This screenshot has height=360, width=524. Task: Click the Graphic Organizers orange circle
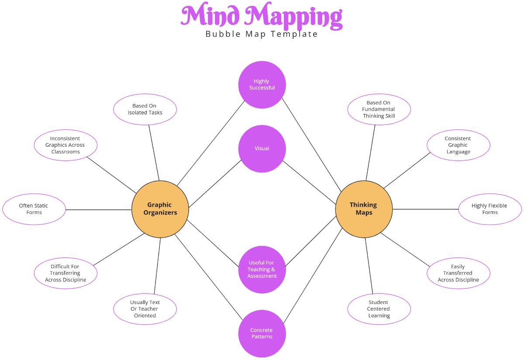pyautogui.click(x=160, y=209)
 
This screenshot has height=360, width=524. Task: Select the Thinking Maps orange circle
pyautogui.click(x=364, y=209)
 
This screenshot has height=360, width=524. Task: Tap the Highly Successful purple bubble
pyautogui.click(x=262, y=85)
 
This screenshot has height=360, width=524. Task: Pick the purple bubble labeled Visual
pyautogui.click(x=262, y=149)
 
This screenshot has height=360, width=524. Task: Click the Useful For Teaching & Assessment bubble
pyautogui.click(x=262, y=270)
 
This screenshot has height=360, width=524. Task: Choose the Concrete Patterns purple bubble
pyautogui.click(x=262, y=333)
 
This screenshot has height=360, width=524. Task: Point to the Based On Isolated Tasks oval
pyautogui.click(x=145, y=109)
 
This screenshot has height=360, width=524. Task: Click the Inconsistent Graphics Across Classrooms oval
pyautogui.click(x=65, y=145)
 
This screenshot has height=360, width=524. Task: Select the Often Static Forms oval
pyautogui.click(x=34, y=209)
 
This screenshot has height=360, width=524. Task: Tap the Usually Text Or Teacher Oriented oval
pyautogui.click(x=145, y=309)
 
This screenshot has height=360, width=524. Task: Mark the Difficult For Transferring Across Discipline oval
pyautogui.click(x=65, y=273)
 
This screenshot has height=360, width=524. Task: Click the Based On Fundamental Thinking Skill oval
pyautogui.click(x=379, y=109)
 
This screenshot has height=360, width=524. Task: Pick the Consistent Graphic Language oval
pyautogui.click(x=458, y=145)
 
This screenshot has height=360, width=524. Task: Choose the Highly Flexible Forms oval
pyautogui.click(x=490, y=209)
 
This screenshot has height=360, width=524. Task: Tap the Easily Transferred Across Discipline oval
pyautogui.click(x=458, y=273)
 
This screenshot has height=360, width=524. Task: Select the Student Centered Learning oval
pyautogui.click(x=379, y=309)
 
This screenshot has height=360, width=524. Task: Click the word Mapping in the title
pyautogui.click(x=293, y=16)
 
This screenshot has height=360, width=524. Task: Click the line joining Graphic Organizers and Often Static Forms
pyautogui.click(x=99, y=210)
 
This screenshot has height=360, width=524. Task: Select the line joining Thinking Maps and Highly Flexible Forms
pyautogui.click(x=425, y=209)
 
